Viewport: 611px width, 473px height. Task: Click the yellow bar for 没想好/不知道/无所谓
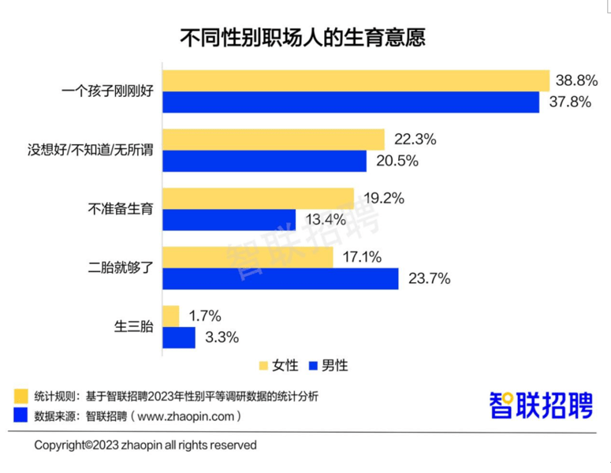click(x=273, y=140)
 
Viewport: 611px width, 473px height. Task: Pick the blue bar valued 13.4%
click(x=229, y=219)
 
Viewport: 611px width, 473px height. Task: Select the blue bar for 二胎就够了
click(x=280, y=278)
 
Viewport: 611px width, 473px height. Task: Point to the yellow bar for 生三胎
click(x=170, y=316)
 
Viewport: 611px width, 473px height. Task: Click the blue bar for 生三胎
click(x=178, y=337)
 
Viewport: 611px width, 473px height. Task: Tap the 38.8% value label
click(x=576, y=80)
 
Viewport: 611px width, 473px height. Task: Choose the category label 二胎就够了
click(x=119, y=268)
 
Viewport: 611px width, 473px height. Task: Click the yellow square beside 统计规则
click(x=20, y=394)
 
